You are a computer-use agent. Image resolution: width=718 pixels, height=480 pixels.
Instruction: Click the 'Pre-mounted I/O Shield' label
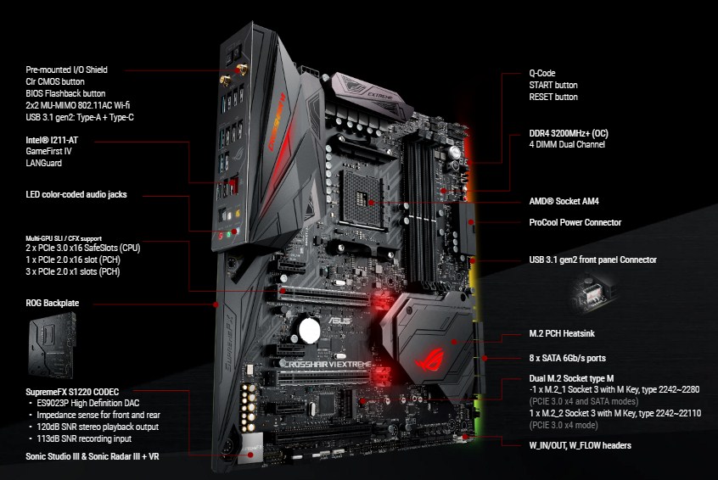point(66,70)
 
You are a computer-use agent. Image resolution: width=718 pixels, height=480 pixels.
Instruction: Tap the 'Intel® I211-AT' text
point(52,140)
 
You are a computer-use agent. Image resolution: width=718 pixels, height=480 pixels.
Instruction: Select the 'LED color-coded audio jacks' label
point(76,194)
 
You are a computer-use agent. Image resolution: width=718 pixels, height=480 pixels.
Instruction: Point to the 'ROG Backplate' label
point(53,303)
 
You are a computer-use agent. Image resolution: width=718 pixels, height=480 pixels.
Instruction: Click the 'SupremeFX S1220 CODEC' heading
point(72,392)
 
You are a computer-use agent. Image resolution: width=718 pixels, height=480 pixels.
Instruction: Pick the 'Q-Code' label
point(542,73)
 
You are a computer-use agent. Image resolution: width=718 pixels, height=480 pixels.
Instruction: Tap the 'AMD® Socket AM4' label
point(564,201)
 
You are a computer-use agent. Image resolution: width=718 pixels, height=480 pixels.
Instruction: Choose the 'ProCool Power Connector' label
point(575,222)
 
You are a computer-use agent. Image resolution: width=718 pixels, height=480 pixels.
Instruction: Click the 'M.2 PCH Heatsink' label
point(562,333)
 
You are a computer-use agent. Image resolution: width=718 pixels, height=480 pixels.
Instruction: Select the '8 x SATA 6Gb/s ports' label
point(567,358)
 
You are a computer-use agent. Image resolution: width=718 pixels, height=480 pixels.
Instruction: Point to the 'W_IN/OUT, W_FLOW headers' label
point(581,445)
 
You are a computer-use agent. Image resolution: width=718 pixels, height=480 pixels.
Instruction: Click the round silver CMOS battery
point(310,330)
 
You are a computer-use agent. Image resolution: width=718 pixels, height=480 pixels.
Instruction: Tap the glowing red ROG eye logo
point(430,360)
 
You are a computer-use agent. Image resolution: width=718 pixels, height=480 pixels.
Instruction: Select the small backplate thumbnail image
point(52,345)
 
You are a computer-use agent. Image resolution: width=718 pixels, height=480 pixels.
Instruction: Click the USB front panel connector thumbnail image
point(591,293)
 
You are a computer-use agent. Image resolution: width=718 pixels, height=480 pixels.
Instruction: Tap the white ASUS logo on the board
point(339,321)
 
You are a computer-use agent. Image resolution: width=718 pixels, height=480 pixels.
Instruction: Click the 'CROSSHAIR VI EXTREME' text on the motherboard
point(328,364)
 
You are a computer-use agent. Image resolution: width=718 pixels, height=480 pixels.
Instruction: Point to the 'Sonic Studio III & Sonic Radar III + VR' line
point(92,456)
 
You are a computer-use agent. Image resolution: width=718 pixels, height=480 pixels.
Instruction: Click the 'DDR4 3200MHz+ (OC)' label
point(569,134)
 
